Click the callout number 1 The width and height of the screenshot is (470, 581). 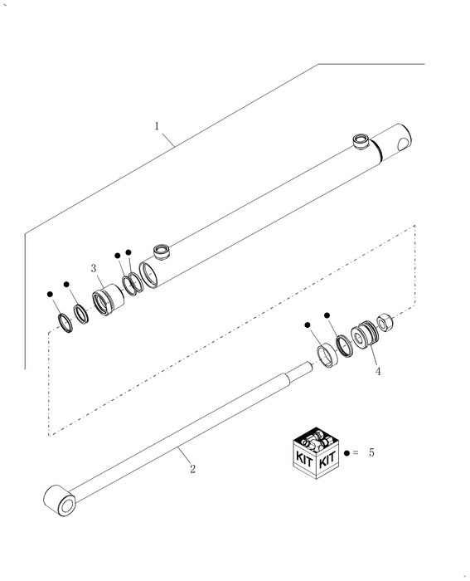(x=157, y=126)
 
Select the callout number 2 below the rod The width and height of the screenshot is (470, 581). (x=193, y=469)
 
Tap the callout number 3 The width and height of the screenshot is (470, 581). (x=94, y=268)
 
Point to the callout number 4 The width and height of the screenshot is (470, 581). (x=378, y=371)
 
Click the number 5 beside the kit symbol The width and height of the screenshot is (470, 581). (x=371, y=452)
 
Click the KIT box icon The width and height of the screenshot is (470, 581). (x=316, y=453)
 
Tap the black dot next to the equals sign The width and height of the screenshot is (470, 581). (x=346, y=453)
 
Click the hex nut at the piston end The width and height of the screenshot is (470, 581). (x=385, y=322)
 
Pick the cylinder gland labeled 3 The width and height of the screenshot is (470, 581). (x=108, y=300)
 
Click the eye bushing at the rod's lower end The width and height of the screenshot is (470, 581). (x=60, y=500)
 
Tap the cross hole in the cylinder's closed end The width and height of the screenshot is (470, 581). (x=404, y=144)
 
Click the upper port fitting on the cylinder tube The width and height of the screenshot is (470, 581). (x=361, y=141)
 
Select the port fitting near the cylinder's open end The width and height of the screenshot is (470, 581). (x=162, y=251)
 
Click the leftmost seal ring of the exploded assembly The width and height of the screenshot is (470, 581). (x=65, y=323)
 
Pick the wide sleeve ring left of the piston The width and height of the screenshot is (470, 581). (x=327, y=356)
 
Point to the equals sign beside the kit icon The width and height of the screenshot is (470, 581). (x=356, y=452)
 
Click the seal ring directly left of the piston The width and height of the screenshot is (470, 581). (x=344, y=346)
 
